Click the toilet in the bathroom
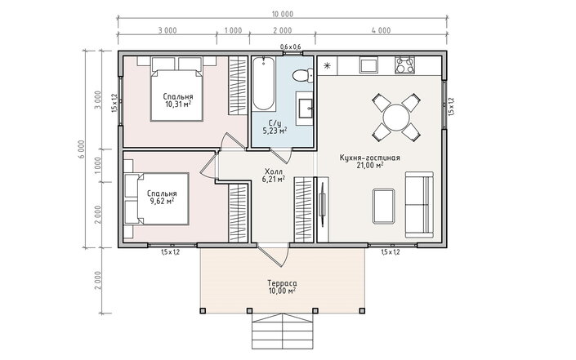pyautogui.click(x=302, y=76)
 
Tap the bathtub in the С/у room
pyautogui.click(x=263, y=83)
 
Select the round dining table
pyautogui.click(x=396, y=118)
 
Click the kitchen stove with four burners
pyautogui.click(x=404, y=65)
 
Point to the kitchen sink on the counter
pyautogui.click(x=368, y=65)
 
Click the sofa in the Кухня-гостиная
pyautogui.click(x=419, y=204)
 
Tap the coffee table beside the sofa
pyautogui.click(x=383, y=206)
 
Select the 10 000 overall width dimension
pyautogui.click(x=282, y=15)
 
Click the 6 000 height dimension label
pyautogui.click(x=82, y=149)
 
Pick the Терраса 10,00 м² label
pyautogui.click(x=282, y=287)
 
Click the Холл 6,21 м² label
pyautogui.click(x=274, y=176)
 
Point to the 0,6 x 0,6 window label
pyautogui.click(x=291, y=47)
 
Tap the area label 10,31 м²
pyautogui.click(x=178, y=104)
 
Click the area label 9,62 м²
pyautogui.click(x=162, y=201)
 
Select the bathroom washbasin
pyautogui.click(x=305, y=109)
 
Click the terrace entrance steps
pyautogui.click(x=282, y=331)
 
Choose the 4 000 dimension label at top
pyautogui.click(x=381, y=30)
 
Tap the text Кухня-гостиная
pyautogui.click(x=369, y=158)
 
